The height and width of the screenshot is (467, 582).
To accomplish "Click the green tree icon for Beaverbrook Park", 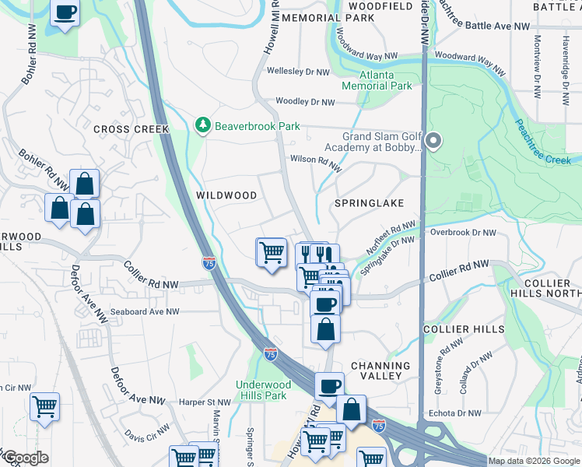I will [202, 125].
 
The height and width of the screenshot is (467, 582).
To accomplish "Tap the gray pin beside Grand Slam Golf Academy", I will [434, 141].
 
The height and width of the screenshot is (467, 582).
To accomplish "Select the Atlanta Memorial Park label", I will [376, 81].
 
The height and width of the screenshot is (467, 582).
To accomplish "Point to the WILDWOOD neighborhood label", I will [226, 195].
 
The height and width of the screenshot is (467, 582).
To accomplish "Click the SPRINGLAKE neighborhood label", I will [369, 202].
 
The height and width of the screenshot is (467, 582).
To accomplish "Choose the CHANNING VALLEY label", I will [380, 370].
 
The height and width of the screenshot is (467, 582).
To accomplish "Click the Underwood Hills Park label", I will [264, 390].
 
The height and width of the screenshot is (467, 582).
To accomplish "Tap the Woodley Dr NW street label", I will [305, 102].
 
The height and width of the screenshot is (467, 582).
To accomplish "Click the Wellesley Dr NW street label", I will [299, 72].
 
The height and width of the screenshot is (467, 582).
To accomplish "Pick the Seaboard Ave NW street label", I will [145, 311].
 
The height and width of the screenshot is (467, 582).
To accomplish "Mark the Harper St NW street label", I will [205, 402].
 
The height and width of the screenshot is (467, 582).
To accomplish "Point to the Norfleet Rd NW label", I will [392, 238].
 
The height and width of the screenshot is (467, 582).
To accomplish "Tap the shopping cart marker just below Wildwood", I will [271, 252].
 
